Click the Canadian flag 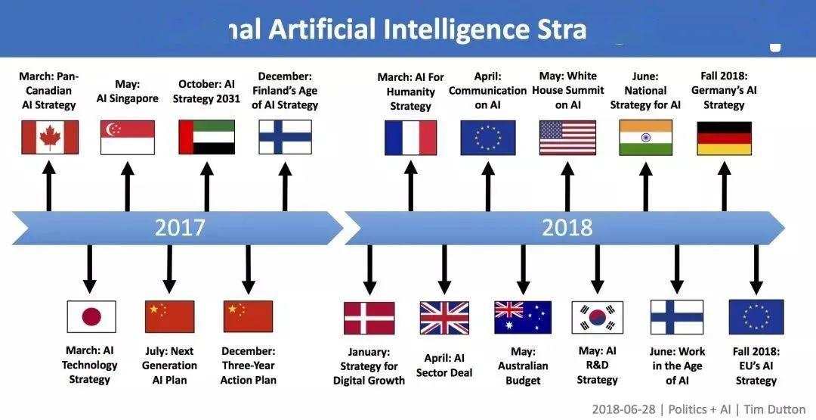(x=50, y=137)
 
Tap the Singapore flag (x=128, y=137)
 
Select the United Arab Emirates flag (x=206, y=137)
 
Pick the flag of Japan (x=91, y=316)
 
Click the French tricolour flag (x=410, y=138)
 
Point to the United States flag (x=567, y=138)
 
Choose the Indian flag (x=646, y=138)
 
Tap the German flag (x=725, y=138)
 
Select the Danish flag (x=369, y=318)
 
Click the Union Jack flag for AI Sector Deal (x=444, y=317)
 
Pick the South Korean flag (x=598, y=317)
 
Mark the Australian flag (x=523, y=317)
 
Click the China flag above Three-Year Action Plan (x=249, y=316)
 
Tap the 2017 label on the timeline (x=180, y=228)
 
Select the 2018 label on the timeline (x=567, y=228)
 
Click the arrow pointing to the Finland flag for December (x=285, y=187)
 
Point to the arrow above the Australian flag (x=523, y=269)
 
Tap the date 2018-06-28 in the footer (x=623, y=409)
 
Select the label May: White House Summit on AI (x=567, y=90)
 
